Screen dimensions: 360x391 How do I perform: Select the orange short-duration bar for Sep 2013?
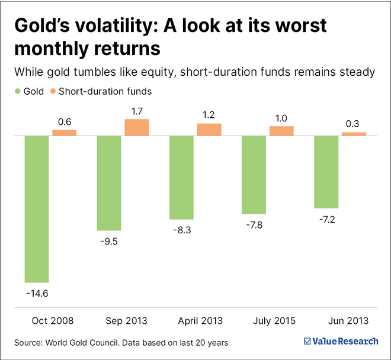(x=137, y=127)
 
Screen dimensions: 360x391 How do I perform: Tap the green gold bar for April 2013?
(x=181, y=178)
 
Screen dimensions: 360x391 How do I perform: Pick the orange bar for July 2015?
(x=281, y=131)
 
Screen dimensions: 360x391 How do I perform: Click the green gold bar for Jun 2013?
(x=326, y=172)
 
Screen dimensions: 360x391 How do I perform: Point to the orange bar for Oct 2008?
(x=64, y=133)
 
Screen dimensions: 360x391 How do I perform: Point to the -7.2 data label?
(x=326, y=218)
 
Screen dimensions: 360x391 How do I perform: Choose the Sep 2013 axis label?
(x=127, y=321)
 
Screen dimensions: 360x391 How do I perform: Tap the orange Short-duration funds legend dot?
(x=53, y=92)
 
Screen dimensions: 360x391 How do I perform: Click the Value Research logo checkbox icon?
(x=307, y=341)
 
